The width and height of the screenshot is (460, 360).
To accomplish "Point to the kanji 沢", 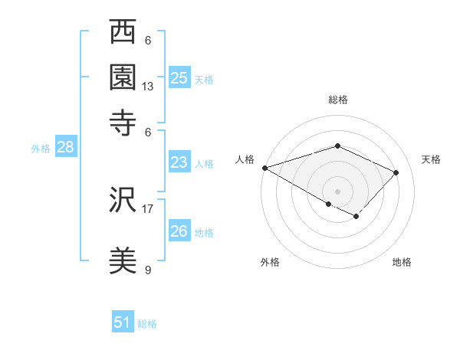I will (123, 201).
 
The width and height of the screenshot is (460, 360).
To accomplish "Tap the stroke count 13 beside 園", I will (148, 87).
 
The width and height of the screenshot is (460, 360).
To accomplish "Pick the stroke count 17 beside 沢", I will (148, 208).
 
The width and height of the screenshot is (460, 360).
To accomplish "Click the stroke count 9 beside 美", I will (148, 270).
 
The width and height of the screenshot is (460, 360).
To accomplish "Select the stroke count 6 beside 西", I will (148, 41).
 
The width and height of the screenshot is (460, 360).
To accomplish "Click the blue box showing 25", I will (179, 77).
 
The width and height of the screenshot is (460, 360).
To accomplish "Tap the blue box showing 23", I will (179, 162).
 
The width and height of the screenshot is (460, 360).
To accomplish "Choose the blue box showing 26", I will (179, 231).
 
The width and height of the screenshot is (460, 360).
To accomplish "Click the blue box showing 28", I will (65, 148).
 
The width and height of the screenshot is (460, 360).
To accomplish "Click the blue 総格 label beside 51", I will (147, 324).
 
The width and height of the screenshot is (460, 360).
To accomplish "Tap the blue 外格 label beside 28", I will (41, 149).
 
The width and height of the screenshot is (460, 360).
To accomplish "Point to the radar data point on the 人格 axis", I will (264, 167).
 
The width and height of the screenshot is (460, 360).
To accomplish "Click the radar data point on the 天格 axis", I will (396, 172).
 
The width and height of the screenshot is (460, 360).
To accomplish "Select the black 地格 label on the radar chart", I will (402, 262).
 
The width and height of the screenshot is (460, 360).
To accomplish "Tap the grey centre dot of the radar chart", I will (337, 191).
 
